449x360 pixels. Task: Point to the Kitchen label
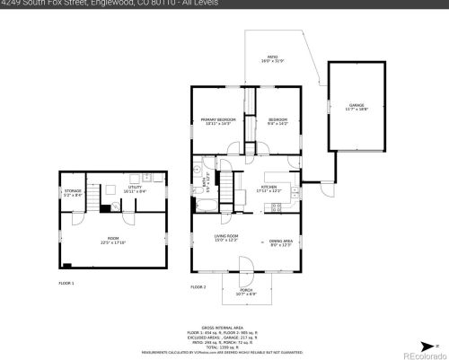[x=269, y=187]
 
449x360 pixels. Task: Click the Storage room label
[x=73, y=191]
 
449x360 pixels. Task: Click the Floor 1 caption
[x=66, y=283]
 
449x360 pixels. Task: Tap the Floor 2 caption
[x=198, y=286]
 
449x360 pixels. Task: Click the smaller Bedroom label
[x=277, y=120]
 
